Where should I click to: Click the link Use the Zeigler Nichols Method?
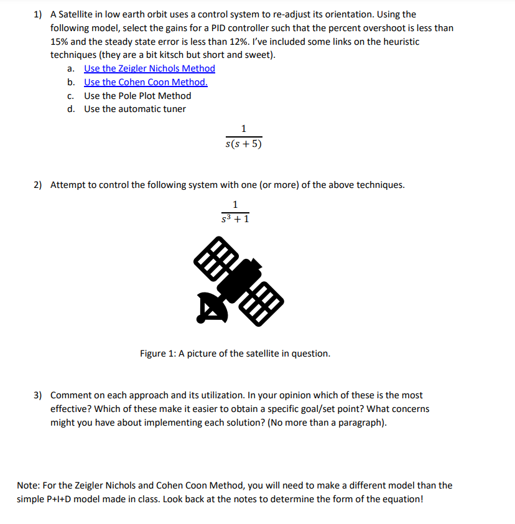click(149, 68)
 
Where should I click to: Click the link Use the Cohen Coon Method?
click(146, 82)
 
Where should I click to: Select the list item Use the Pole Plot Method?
click(137, 96)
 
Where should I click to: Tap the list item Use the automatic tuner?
click(135, 110)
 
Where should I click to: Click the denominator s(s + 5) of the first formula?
click(243, 144)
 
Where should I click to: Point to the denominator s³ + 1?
click(235, 219)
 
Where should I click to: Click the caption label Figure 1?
click(157, 353)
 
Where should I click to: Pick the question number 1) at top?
click(38, 14)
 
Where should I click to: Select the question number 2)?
click(38, 185)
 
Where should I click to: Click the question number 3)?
click(38, 395)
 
